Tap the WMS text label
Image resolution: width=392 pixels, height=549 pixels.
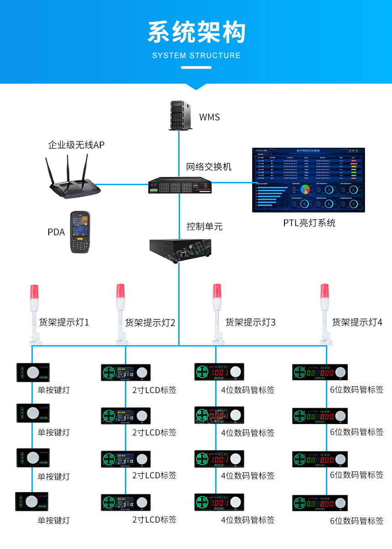[x=209, y=117]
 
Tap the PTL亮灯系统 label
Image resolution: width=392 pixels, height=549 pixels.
[x=309, y=223]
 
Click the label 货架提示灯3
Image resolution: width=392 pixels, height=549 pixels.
[x=250, y=323]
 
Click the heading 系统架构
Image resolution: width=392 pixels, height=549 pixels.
[x=196, y=32]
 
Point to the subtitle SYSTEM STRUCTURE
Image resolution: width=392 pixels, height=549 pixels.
[x=196, y=56]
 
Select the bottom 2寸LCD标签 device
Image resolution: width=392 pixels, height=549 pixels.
[x=125, y=502]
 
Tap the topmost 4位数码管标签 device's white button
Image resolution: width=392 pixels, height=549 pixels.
[x=235, y=372]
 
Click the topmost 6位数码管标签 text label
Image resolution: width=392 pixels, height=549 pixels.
[x=356, y=390]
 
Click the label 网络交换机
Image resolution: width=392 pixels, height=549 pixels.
[x=209, y=166]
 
